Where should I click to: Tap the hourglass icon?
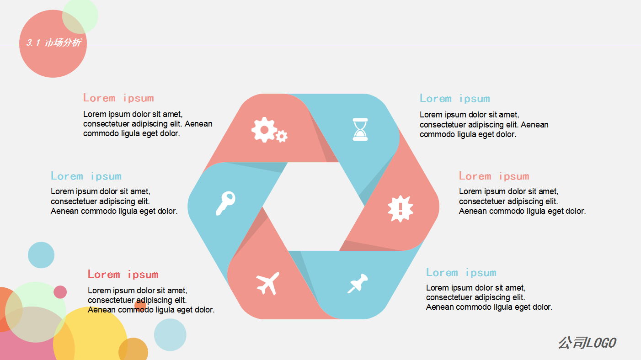pyautogui.click(x=360, y=129)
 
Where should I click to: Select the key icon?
pyautogui.click(x=225, y=203)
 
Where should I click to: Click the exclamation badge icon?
pyautogui.click(x=401, y=209)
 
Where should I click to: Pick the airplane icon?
pyautogui.click(x=268, y=283)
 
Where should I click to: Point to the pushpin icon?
pyautogui.click(x=358, y=283)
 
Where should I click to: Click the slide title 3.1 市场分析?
pyautogui.click(x=53, y=43)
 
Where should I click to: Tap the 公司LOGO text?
pyautogui.click(x=587, y=343)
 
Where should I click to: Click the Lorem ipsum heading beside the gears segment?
pyautogui.click(x=118, y=98)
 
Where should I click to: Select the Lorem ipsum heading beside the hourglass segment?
pyautogui.click(x=454, y=98)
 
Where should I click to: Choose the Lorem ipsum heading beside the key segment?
pyautogui.click(x=86, y=176)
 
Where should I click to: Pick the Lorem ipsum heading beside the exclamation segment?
pyautogui.click(x=494, y=176)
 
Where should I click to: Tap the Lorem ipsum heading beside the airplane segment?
pyautogui.click(x=123, y=274)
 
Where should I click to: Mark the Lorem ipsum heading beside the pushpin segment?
pyautogui.click(x=461, y=272)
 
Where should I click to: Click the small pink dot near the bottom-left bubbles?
pyautogui.click(x=60, y=292)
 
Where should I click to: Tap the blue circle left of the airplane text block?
pyautogui.click(x=41, y=255)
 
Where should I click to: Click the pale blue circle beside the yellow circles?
pyautogui.click(x=170, y=335)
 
